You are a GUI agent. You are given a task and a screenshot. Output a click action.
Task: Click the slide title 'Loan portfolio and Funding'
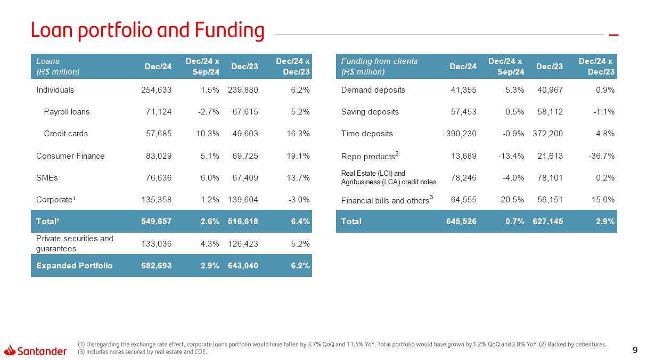click(148, 31)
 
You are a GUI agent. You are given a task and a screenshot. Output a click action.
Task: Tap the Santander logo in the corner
click(35, 350)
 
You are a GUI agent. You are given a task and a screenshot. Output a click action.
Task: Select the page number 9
click(634, 350)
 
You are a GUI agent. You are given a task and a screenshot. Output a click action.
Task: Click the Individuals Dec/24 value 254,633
click(156, 90)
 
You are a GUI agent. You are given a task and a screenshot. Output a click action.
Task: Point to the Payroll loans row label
click(67, 112)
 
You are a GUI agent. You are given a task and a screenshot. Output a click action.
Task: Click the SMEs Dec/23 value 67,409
click(243, 178)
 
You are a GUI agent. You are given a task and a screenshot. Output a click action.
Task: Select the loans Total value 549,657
click(156, 221)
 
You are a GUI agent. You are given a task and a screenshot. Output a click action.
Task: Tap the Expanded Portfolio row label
click(74, 265)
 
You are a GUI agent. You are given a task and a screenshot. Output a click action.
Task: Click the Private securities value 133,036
click(156, 244)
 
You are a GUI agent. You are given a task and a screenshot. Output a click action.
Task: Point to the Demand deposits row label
click(373, 90)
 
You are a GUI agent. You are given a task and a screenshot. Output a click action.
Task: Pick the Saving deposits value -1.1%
click(603, 112)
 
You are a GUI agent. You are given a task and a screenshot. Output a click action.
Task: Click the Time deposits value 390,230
click(461, 134)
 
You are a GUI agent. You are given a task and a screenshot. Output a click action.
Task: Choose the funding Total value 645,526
click(461, 221)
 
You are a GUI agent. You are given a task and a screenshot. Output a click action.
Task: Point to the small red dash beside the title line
click(613, 35)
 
